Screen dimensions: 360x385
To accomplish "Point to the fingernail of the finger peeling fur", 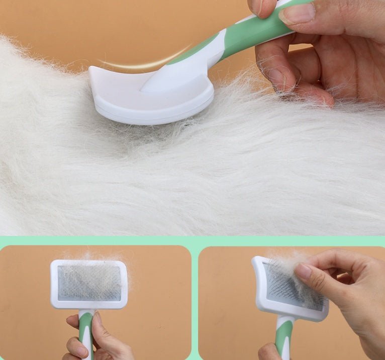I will [x=303, y=271].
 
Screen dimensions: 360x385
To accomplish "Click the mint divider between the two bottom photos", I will [x=195, y=301].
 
